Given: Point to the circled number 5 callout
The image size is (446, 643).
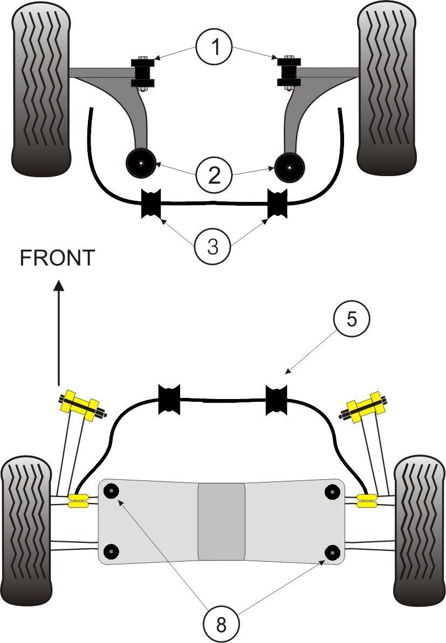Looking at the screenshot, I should (351, 319).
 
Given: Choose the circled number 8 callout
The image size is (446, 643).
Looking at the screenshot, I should (222, 624).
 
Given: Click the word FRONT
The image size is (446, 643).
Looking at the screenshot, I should (57, 258).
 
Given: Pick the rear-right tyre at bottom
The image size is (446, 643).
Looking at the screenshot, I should (420, 530).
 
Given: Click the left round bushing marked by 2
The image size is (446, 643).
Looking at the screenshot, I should (140, 162).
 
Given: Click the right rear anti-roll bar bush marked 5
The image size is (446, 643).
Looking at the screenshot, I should (277, 400).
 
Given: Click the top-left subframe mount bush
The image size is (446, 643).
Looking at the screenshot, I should (112, 491).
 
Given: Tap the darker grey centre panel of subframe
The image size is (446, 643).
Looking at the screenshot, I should (222, 521).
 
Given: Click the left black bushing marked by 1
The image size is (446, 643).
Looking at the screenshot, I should (143, 72).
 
